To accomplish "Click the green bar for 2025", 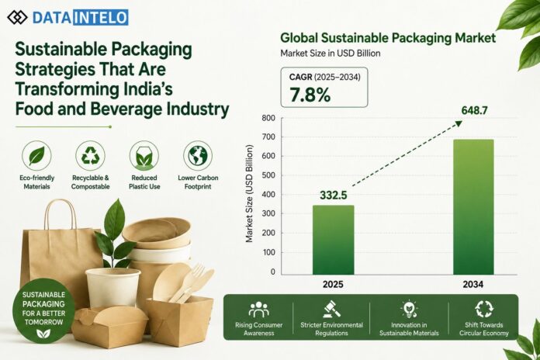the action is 333,240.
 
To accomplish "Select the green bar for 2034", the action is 473,207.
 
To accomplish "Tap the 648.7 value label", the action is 474,111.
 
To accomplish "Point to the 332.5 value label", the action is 333,196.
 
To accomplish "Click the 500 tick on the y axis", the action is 268,175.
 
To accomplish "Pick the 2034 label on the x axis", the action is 472,285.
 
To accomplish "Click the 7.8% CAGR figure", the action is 310,95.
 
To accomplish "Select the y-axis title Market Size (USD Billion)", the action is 249,193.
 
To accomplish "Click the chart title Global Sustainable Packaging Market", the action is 388,38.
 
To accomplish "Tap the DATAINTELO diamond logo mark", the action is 17,17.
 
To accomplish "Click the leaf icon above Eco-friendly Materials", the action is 36,156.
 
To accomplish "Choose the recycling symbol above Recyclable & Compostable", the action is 90,156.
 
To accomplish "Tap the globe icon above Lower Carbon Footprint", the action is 198,156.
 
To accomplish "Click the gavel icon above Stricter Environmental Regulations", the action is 331,309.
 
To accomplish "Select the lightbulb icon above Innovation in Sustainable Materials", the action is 409,309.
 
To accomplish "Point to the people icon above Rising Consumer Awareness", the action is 258,310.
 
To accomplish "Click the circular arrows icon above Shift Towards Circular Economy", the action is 484,309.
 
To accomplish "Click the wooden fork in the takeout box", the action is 188,282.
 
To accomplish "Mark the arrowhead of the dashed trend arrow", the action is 458,123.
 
